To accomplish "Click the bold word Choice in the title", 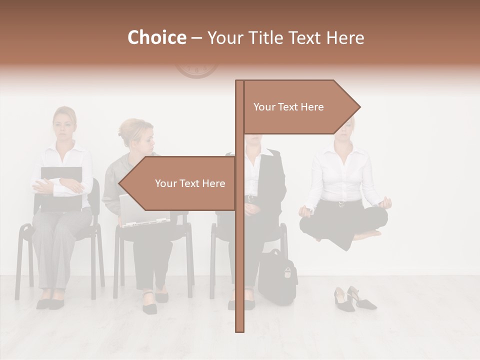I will pyautogui.click(x=156, y=38).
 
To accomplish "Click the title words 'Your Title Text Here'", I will pyautogui.click(x=285, y=38).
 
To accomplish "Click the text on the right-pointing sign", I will pyautogui.click(x=288, y=107).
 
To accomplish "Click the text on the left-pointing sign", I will pyautogui.click(x=190, y=183).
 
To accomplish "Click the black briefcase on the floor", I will pyautogui.click(x=277, y=277).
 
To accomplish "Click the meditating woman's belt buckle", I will pyautogui.click(x=342, y=203).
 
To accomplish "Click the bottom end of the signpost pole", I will pyautogui.click(x=240, y=327).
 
